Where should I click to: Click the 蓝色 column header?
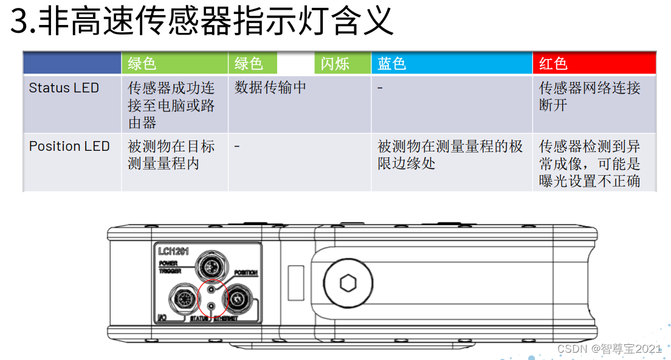click(x=391, y=64)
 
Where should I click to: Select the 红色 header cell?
click(x=553, y=64)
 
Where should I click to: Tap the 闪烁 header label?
click(x=335, y=64)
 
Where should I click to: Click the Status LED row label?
click(x=64, y=88)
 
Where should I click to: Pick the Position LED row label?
click(x=69, y=147)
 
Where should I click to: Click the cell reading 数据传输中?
click(x=270, y=88)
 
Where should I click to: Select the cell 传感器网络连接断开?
click(x=589, y=97)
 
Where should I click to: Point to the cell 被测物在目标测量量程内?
click(x=171, y=155)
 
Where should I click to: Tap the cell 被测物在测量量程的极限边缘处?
click(x=450, y=155)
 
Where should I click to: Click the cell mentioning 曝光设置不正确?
click(x=589, y=164)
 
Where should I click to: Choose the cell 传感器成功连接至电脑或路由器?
click(x=171, y=105)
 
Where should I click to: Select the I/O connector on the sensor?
click(x=183, y=299)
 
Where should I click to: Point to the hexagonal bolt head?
click(x=348, y=283)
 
